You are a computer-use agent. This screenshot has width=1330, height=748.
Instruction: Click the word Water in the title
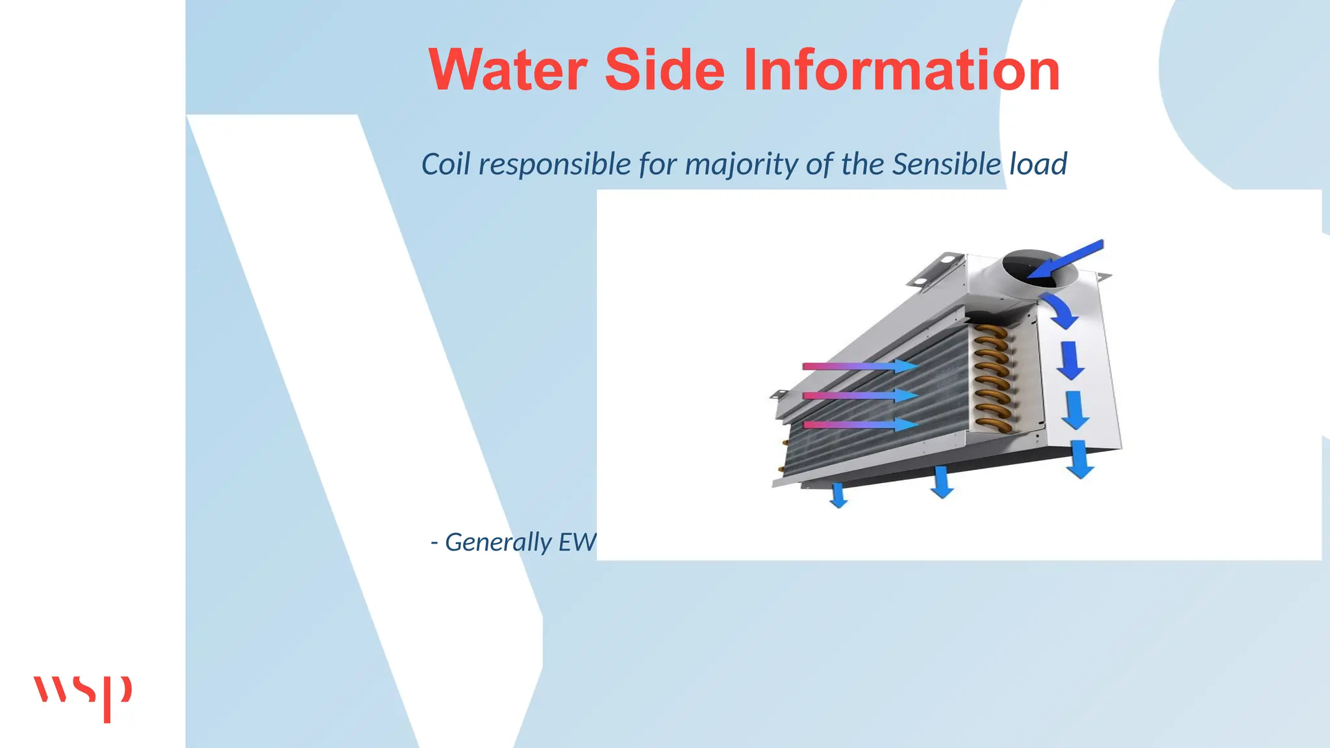(x=508, y=70)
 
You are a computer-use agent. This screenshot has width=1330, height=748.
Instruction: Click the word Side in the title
(x=664, y=70)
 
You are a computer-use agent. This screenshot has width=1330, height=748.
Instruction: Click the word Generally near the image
(x=498, y=542)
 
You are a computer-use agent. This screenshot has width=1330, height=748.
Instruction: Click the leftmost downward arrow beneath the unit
(x=838, y=495)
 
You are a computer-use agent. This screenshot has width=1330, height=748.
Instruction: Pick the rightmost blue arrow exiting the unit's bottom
(x=1080, y=458)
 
